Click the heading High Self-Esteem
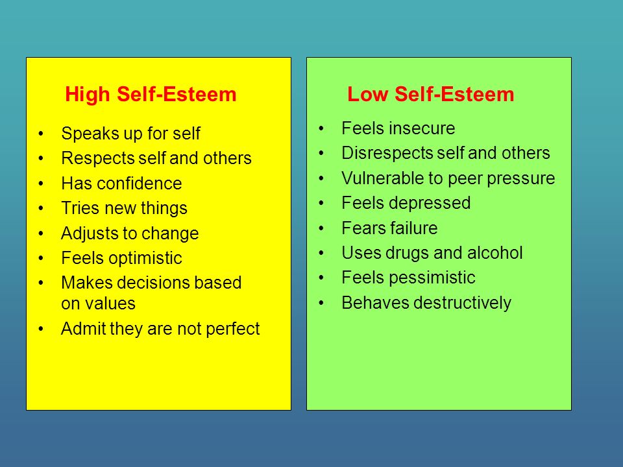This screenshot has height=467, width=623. coord(151,95)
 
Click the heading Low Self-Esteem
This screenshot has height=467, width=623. coord(431,95)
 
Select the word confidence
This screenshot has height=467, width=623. coord(139,184)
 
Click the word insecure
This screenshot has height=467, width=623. coord(422,128)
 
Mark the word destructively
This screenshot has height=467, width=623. coord(463,303)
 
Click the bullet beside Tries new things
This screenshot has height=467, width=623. coord(41,208)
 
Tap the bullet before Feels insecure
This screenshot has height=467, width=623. coord(321,128)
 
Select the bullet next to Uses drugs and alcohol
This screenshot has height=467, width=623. coord(321,253)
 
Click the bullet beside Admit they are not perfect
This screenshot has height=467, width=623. coord(41,329)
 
